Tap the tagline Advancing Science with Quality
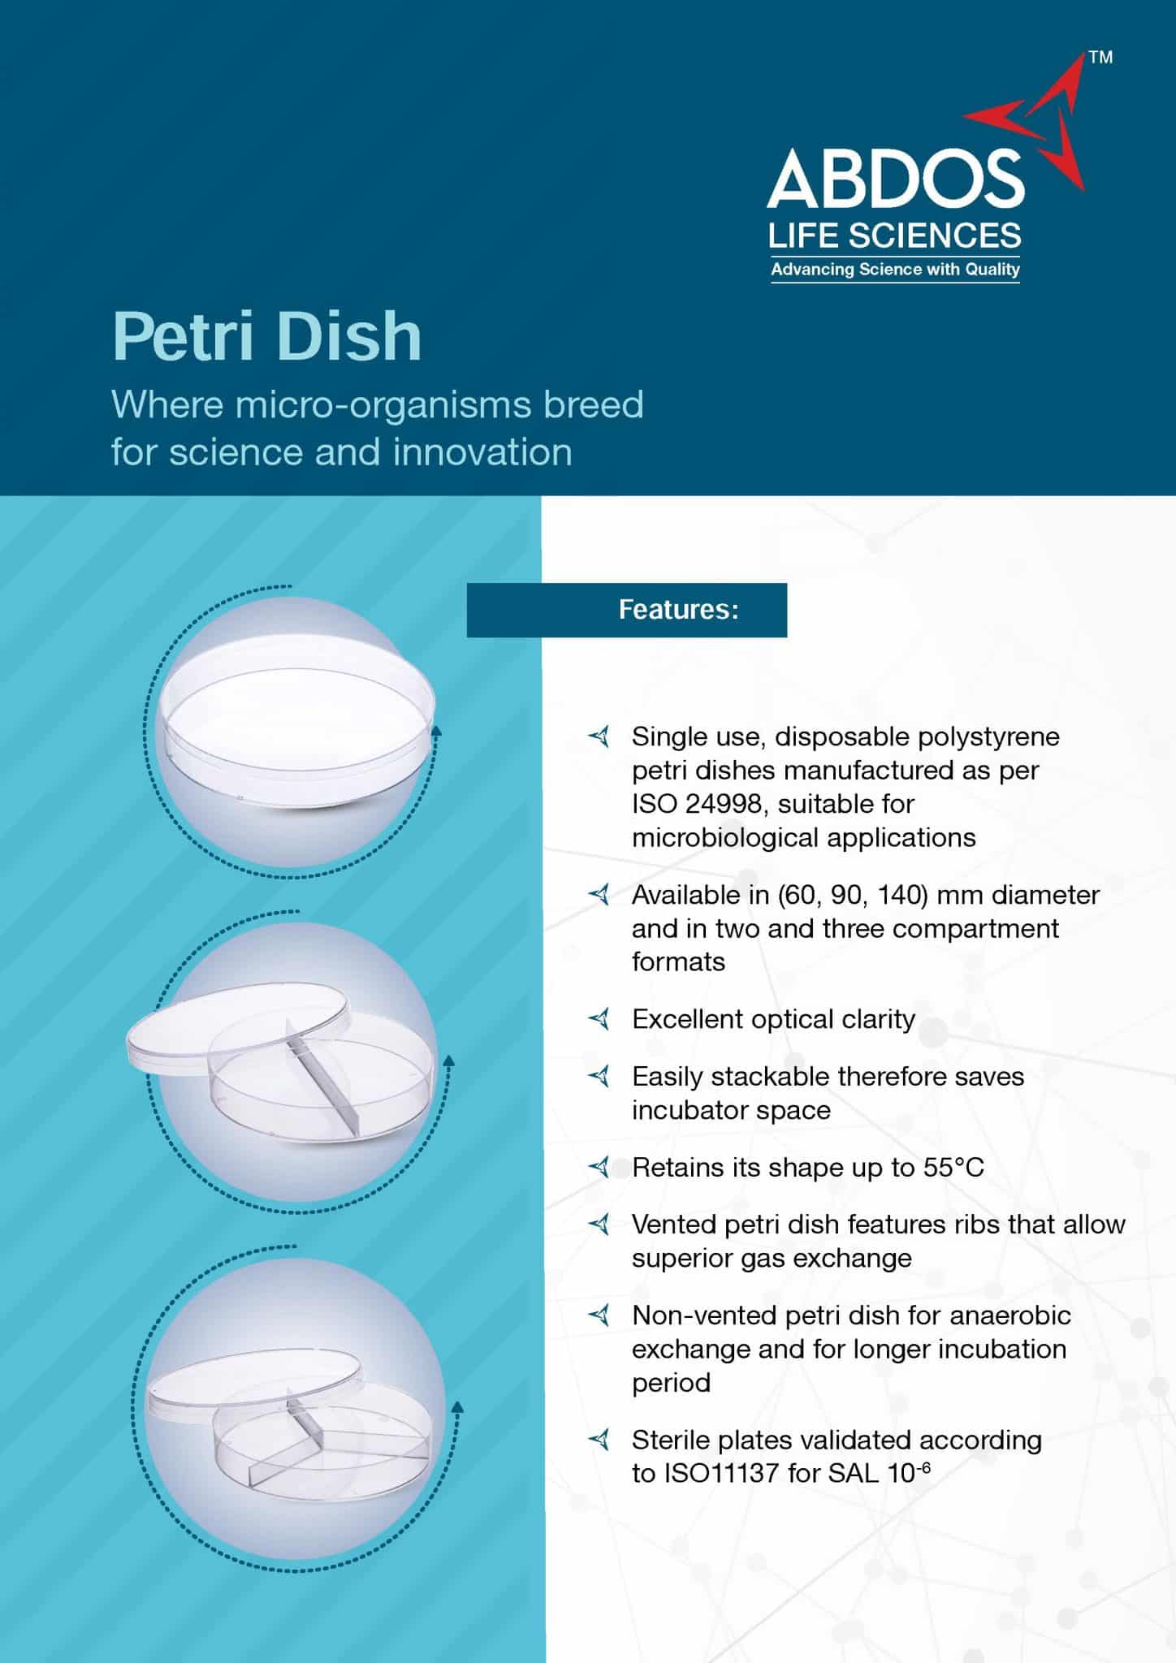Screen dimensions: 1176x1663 pyautogui.click(x=895, y=270)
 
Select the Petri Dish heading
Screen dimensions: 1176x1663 pyautogui.click(x=267, y=336)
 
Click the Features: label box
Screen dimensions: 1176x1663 pyautogui.click(x=626, y=610)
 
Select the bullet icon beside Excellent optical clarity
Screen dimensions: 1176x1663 pyautogui.click(x=599, y=1018)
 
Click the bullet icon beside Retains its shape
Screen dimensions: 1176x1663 pyautogui.click(x=599, y=1168)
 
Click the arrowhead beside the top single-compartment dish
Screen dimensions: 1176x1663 pyautogui.click(x=435, y=731)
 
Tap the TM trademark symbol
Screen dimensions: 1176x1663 pyautogui.click(x=1100, y=58)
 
